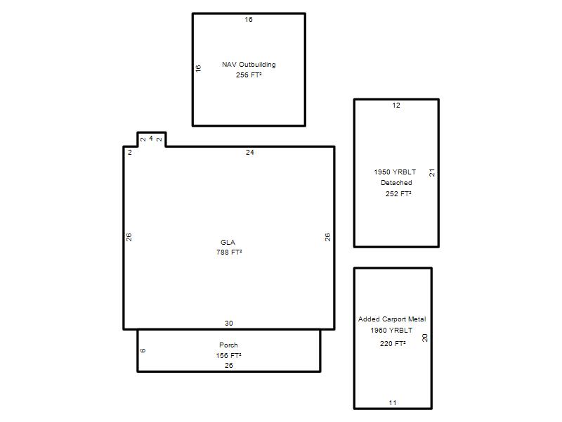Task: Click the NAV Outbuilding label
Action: (249, 65)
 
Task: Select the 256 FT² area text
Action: (249, 75)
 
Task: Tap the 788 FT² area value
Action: (229, 252)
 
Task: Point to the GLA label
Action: (228, 242)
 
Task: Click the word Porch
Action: (229, 345)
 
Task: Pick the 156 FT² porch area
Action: (229, 356)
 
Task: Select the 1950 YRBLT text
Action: (395, 172)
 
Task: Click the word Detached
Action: (396, 183)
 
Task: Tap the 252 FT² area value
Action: (398, 194)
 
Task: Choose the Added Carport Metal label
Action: (392, 319)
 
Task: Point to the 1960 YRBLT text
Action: (391, 330)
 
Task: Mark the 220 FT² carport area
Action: (393, 343)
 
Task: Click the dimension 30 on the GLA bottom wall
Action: (229, 324)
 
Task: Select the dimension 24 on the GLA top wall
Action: (250, 153)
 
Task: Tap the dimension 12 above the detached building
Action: (396, 105)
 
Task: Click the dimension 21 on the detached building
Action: (432, 172)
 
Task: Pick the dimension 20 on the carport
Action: (425, 338)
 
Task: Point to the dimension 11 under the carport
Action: (393, 402)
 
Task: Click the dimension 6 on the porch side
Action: (143, 350)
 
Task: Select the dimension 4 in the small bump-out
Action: (151, 138)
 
